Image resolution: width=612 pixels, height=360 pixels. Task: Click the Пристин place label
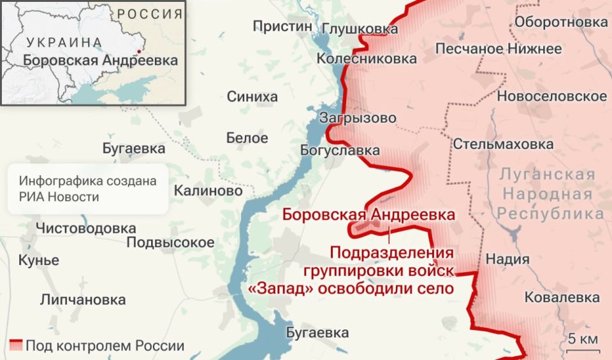click(282, 26)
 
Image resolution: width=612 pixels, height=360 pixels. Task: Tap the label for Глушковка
click(360, 29)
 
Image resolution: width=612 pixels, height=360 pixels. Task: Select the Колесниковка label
click(367, 59)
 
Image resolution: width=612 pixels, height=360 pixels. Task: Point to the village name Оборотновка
click(560, 22)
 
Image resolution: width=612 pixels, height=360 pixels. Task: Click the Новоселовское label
click(551, 96)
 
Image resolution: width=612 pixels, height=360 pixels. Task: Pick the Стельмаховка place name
click(503, 144)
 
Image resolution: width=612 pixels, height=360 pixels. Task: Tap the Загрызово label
click(358, 119)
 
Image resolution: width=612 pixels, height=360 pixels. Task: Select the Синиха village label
click(252, 97)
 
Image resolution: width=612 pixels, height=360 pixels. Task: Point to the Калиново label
click(208, 191)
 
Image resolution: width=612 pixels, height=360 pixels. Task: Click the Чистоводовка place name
click(85, 228)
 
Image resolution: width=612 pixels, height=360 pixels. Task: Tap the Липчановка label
click(82, 299)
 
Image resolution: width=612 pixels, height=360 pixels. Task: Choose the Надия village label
click(507, 259)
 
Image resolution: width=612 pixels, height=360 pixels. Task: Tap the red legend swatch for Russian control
click(16, 346)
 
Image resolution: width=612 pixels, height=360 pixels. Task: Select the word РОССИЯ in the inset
click(149, 14)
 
